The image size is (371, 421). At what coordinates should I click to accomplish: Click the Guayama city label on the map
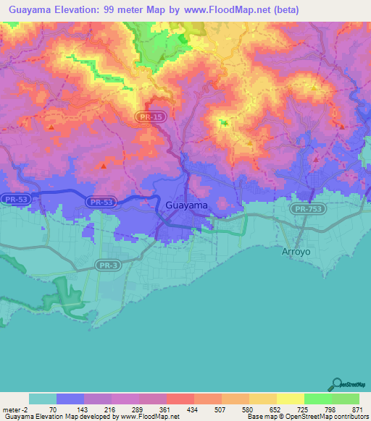(x=187, y=205)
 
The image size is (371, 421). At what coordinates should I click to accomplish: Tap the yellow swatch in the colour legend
(x=290, y=399)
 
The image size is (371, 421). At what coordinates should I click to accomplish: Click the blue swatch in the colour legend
(x=70, y=399)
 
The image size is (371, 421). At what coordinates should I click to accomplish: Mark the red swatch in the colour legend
(x=180, y=399)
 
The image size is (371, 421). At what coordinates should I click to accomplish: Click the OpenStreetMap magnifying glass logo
(x=335, y=384)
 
